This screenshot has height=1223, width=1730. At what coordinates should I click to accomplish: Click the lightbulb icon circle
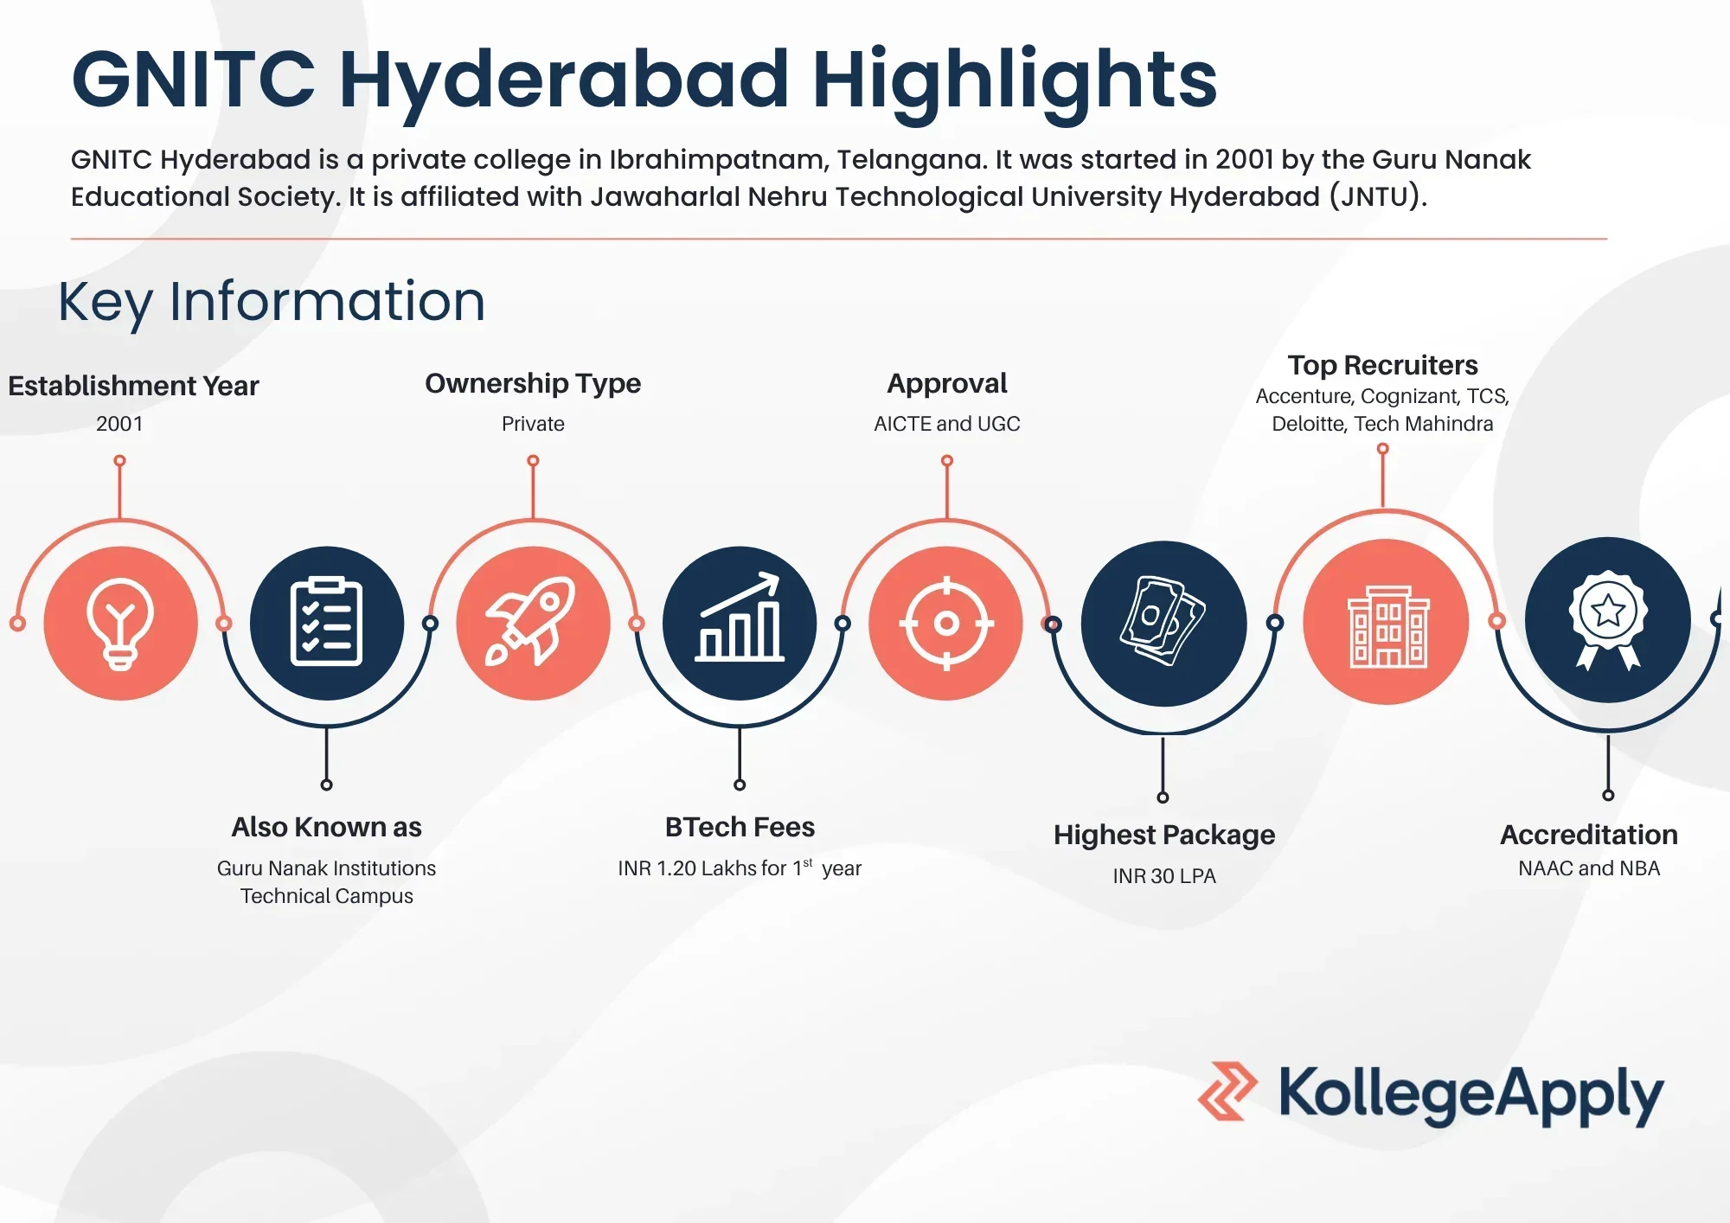click(120, 623)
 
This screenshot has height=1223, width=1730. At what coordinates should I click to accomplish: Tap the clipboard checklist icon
click(326, 622)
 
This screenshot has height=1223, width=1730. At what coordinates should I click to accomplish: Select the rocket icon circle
click(533, 623)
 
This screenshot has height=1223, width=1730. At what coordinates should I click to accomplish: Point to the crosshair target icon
click(946, 623)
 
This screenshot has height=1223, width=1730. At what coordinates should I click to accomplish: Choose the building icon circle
click(1386, 622)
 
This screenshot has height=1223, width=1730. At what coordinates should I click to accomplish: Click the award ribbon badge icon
click(1608, 619)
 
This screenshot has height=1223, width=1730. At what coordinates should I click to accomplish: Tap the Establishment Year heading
click(133, 386)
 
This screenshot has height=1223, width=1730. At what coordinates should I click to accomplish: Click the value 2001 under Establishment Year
click(119, 424)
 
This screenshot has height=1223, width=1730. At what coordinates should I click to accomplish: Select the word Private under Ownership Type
click(533, 424)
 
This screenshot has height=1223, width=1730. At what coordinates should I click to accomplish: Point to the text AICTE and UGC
click(947, 424)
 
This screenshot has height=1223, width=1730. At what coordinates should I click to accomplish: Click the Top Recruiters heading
click(1382, 365)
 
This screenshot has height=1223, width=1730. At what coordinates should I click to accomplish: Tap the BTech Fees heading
click(740, 827)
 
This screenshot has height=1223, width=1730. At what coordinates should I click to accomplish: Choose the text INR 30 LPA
click(1164, 876)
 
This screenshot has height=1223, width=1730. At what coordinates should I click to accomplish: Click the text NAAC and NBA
click(1589, 868)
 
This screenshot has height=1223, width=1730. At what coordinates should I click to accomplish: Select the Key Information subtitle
click(272, 302)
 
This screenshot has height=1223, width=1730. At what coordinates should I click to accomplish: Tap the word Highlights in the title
click(1015, 80)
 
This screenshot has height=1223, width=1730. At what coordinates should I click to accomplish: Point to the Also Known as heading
click(326, 827)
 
